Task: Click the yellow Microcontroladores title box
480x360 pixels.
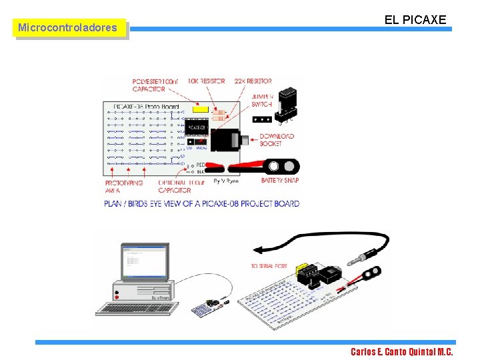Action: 70,28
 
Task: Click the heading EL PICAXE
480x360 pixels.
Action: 415,20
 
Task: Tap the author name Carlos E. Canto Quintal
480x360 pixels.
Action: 401,351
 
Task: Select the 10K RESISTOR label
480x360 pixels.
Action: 206,81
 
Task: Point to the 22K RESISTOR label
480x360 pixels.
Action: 253,81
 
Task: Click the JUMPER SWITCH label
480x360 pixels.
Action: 262,100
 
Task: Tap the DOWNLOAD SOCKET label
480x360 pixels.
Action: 276,140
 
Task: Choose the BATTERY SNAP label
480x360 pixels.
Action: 280,181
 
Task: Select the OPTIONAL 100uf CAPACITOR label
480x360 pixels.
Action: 181,186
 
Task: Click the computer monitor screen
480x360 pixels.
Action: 143,262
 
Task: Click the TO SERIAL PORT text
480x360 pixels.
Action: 269,266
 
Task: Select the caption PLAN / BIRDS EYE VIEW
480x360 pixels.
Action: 201,203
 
